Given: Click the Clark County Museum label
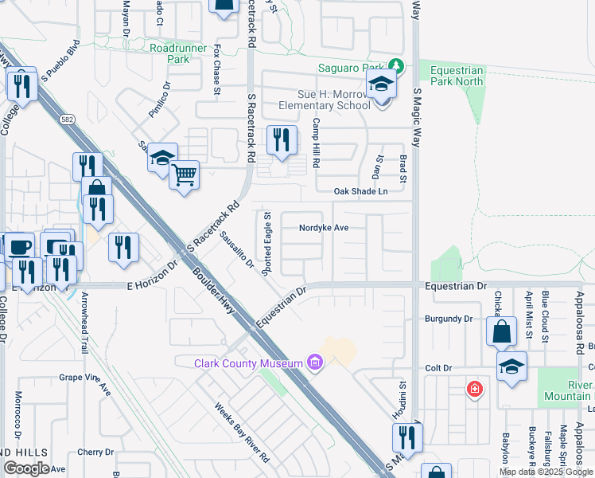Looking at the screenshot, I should point(248,363).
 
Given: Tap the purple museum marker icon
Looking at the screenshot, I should point(316,364).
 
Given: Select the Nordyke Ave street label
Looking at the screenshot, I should point(324,227).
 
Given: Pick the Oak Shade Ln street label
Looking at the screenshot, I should point(360,191).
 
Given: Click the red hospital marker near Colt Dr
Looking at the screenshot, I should point(474,389).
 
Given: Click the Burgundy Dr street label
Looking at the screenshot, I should point(448,319).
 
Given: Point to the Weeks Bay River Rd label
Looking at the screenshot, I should point(241,433).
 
